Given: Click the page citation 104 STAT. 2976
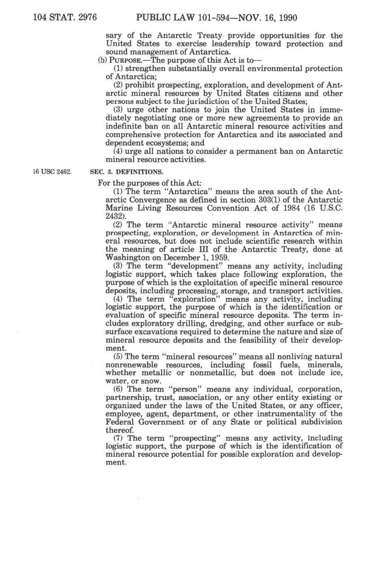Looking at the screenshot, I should coord(65,18).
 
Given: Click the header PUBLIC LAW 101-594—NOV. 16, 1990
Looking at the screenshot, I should coord(216,18).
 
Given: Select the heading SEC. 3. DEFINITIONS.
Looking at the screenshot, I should coord(126,172).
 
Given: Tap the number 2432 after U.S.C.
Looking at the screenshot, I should coord(114,216).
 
